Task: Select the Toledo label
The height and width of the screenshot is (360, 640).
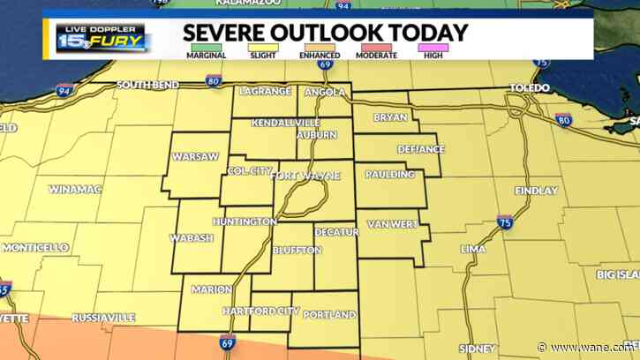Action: (x=530, y=88)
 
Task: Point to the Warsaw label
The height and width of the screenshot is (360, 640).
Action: (x=195, y=156)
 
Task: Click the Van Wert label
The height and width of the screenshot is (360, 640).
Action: (x=392, y=224)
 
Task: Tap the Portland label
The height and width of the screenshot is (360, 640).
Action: (x=329, y=315)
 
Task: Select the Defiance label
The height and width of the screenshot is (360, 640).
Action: (x=420, y=149)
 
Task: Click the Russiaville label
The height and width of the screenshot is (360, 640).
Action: (x=103, y=317)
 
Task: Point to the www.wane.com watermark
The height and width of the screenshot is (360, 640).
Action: (x=599, y=348)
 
